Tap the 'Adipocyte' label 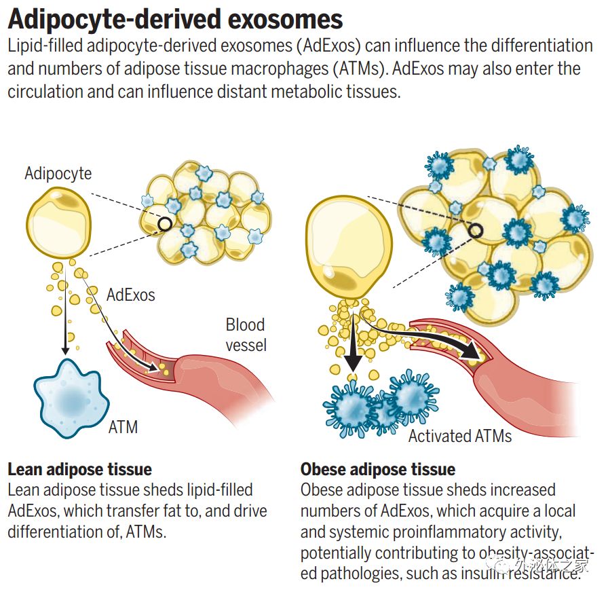tap(58, 173)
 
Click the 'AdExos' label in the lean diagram tap(131, 295)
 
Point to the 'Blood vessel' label tap(246, 335)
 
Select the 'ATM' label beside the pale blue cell tap(123, 427)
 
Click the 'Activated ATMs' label tap(460, 435)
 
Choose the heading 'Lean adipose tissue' tap(79, 469)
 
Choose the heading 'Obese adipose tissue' tap(378, 469)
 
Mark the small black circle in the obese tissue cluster tap(476, 232)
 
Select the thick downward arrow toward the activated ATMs tap(351, 346)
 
